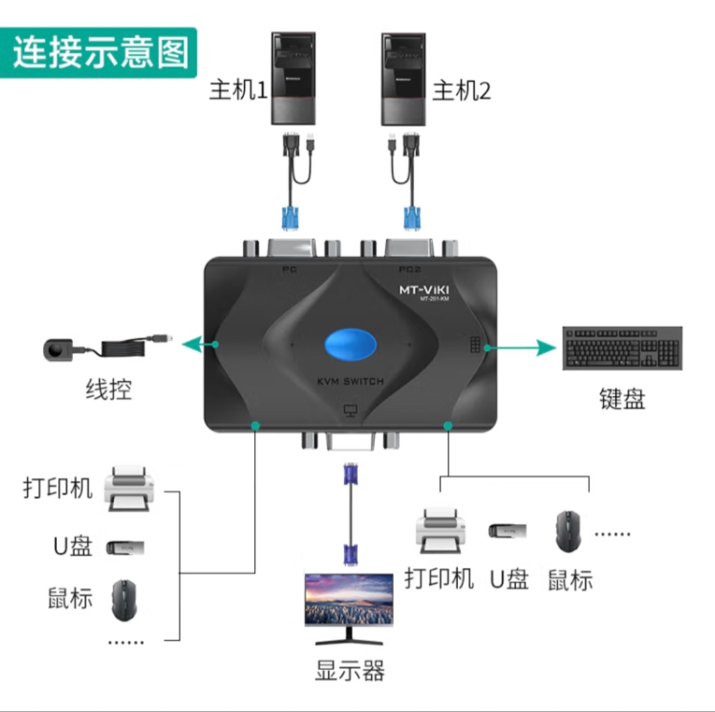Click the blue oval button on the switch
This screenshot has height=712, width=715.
coord(350,345)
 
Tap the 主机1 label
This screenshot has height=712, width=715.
coord(237,90)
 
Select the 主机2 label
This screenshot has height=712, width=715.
coord(461,90)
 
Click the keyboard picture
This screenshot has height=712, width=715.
coord(621,347)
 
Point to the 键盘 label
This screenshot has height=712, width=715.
coord(621,399)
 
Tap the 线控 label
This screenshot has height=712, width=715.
coord(108,390)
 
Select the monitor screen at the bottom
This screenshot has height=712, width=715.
coord(348,601)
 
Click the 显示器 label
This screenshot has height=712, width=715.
coord(350,670)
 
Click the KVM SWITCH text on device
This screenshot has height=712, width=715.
coord(350,381)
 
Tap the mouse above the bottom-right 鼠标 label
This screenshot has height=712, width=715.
coord(568,530)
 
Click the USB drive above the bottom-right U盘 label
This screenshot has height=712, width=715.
coord(507,531)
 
